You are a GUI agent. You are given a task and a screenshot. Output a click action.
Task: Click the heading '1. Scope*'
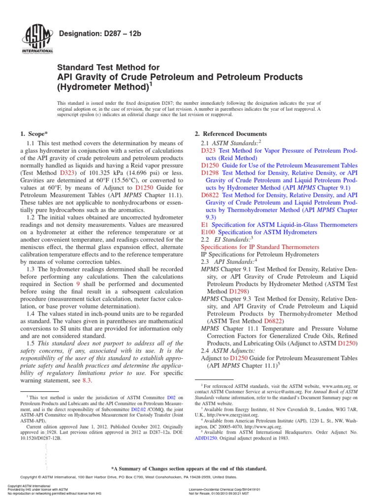34,134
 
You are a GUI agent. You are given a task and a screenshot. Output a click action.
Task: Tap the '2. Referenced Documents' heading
231,134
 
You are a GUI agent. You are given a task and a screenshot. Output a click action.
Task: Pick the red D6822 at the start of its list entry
210,195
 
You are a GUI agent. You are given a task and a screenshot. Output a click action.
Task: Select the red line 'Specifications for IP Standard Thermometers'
260,246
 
